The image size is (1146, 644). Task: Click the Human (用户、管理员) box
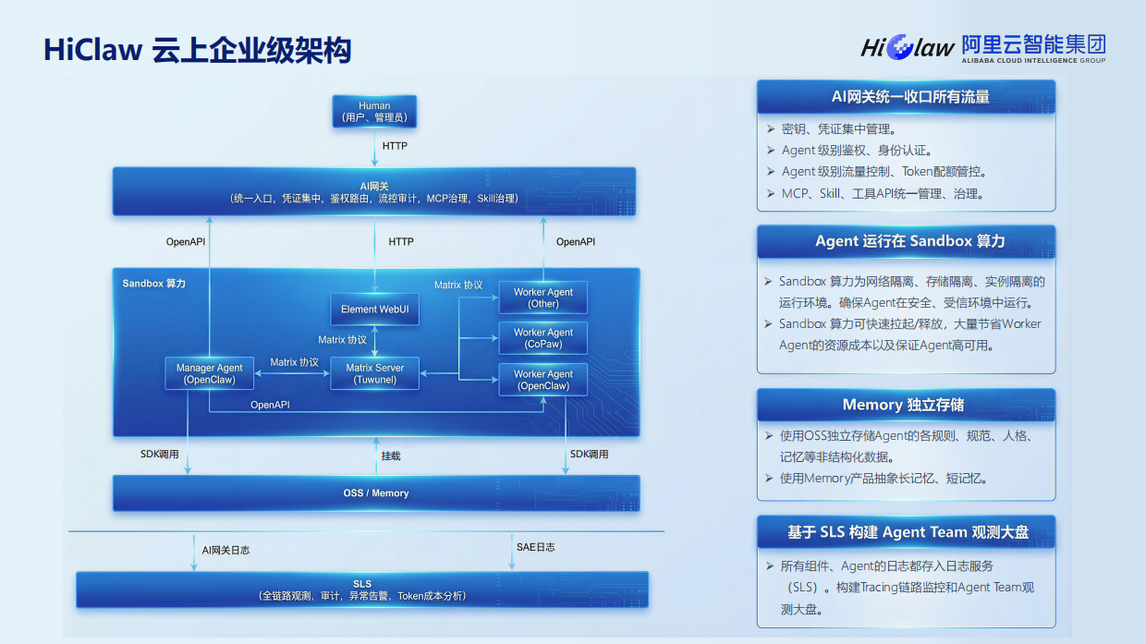pos(374,112)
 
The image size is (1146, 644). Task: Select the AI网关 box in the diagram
pos(374,191)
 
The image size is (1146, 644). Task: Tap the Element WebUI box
pos(374,310)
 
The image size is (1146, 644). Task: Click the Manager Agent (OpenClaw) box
pos(210,373)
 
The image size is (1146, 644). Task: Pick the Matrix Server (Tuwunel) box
pos(374,373)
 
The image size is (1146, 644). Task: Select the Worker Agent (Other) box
pos(543,298)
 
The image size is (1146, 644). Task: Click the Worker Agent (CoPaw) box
pos(543,338)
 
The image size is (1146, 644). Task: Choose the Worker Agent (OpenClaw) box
pos(543,380)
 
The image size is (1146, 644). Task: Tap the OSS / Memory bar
pos(375,493)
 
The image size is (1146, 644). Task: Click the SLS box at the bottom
pos(362,589)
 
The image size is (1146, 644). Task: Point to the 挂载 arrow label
pos(391,456)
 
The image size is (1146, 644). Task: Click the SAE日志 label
pos(536,547)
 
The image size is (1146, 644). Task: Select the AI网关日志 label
pos(226,550)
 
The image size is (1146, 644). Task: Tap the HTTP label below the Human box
pos(395,146)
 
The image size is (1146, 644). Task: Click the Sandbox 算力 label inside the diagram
pos(154,284)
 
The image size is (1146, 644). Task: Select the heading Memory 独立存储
pos(904,405)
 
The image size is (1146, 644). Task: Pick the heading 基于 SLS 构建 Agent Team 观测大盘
pos(908,532)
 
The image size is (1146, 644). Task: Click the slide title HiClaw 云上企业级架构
pos(198,50)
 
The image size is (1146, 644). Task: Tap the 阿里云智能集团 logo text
pos(1032,44)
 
